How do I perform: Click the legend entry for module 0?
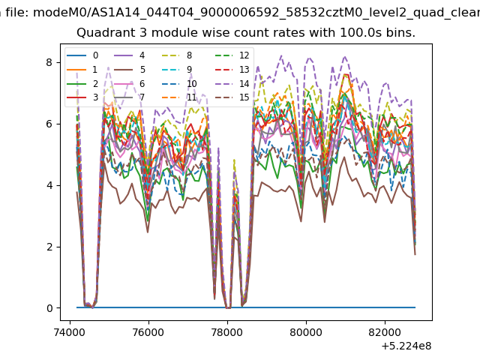coord(82,55)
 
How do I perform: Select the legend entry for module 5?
coord(130,70)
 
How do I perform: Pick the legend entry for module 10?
coord(179,83)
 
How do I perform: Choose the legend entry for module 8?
coord(177,55)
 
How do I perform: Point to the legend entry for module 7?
coord(130,97)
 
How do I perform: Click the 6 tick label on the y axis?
coord(49,124)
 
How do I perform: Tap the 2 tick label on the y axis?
coord(49,247)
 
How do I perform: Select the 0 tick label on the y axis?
coord(49,308)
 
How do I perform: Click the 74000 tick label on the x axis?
coord(70,332)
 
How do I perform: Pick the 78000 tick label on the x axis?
coord(227,332)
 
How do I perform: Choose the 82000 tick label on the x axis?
coord(385,332)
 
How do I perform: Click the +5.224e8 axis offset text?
coord(406,346)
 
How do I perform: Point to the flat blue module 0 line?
coord(246,307)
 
